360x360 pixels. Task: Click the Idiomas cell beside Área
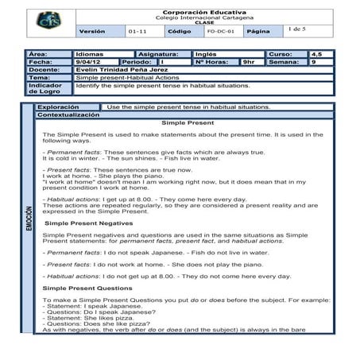coord(90,54)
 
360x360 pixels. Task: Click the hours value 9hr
coord(249,61)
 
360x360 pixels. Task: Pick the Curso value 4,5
coord(316,54)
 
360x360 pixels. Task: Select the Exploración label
coord(59,106)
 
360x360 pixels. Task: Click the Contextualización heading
coord(68,114)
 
